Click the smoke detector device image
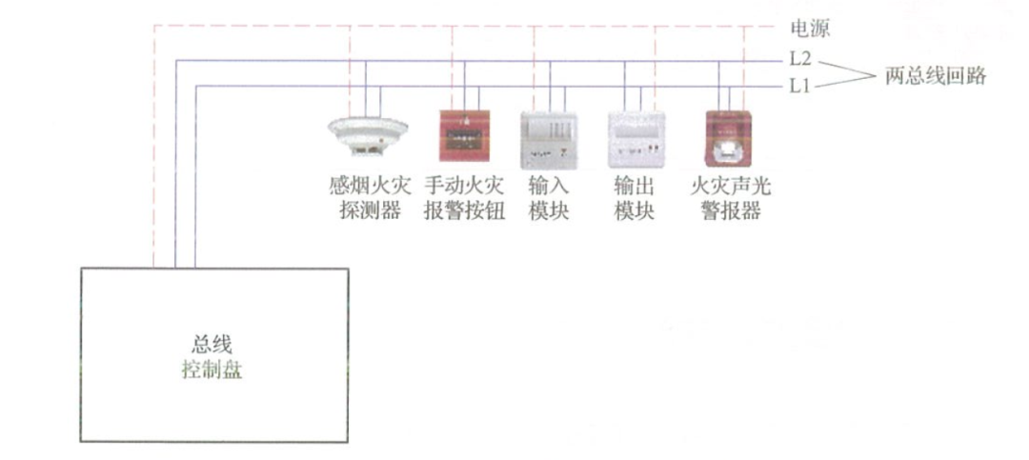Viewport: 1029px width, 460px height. tap(368, 136)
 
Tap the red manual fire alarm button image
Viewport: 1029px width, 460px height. tap(465, 135)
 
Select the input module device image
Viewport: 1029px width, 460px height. tap(549, 140)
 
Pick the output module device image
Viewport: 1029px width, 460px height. tap(636, 139)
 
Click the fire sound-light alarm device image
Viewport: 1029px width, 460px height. tap(728, 138)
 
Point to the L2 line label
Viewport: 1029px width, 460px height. tap(801, 59)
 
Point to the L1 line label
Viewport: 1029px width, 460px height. tap(800, 86)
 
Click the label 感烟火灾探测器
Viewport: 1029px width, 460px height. tap(370, 199)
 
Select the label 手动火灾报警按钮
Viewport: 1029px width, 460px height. tap(465, 199)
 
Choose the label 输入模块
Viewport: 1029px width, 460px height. tap(549, 199)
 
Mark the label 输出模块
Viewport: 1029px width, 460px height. tap(635, 199)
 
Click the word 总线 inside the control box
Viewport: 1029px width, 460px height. tap(212, 343)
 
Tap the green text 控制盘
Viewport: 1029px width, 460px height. tap(212, 370)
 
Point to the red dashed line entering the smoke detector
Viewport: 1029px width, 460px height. tap(350, 71)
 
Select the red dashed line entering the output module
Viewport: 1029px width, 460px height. tap(655, 69)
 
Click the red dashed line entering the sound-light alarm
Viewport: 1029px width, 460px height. tap(743, 68)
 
